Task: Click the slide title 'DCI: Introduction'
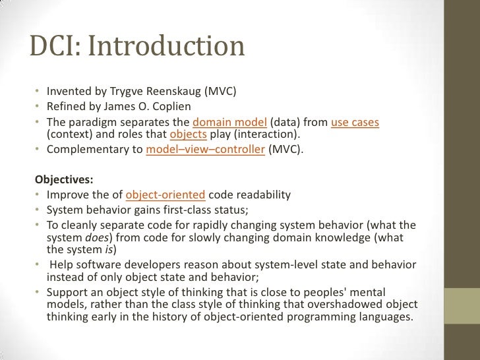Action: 137,47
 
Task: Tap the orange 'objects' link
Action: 189,136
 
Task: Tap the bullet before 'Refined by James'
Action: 38,107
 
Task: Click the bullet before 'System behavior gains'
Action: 38,210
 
